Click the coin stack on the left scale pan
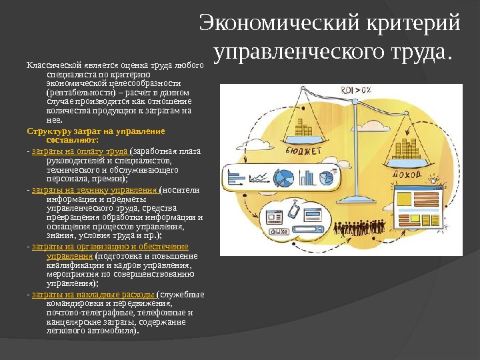click(304, 129)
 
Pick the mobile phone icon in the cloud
click(293, 213)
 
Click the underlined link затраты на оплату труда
click(79, 151)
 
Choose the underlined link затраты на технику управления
click(93, 189)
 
